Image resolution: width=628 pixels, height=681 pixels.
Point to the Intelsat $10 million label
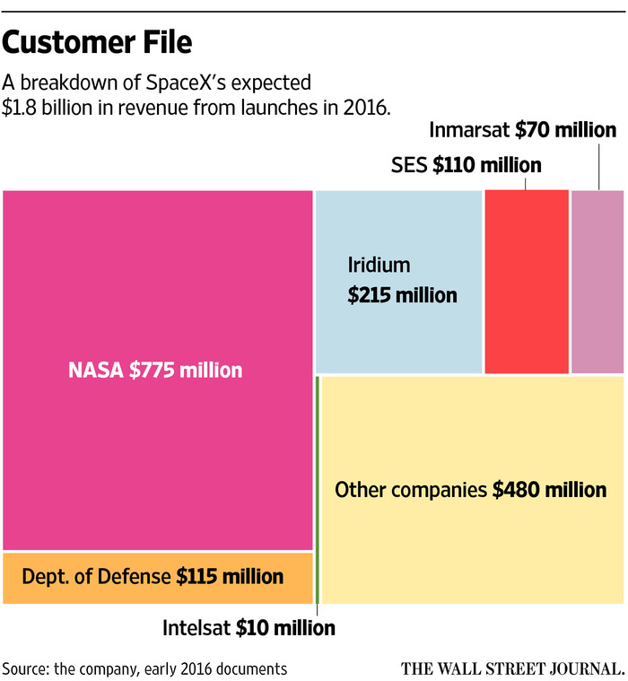(x=249, y=628)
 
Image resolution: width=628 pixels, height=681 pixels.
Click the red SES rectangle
(x=527, y=281)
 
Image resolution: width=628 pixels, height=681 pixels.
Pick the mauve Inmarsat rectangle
(x=597, y=281)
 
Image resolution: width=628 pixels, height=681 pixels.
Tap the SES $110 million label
(x=467, y=165)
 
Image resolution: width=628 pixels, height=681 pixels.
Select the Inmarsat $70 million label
(x=523, y=130)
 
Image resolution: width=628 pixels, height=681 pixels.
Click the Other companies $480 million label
(x=470, y=490)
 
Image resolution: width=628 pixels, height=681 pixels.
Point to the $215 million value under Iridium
(x=403, y=295)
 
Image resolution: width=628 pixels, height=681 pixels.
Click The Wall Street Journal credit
(x=512, y=668)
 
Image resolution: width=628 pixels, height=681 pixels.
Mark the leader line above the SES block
(x=526, y=182)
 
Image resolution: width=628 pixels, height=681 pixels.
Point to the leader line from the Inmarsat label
(x=598, y=165)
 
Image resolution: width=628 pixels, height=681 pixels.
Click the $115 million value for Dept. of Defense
(x=230, y=577)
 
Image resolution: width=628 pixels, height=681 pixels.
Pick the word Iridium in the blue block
(x=379, y=266)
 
